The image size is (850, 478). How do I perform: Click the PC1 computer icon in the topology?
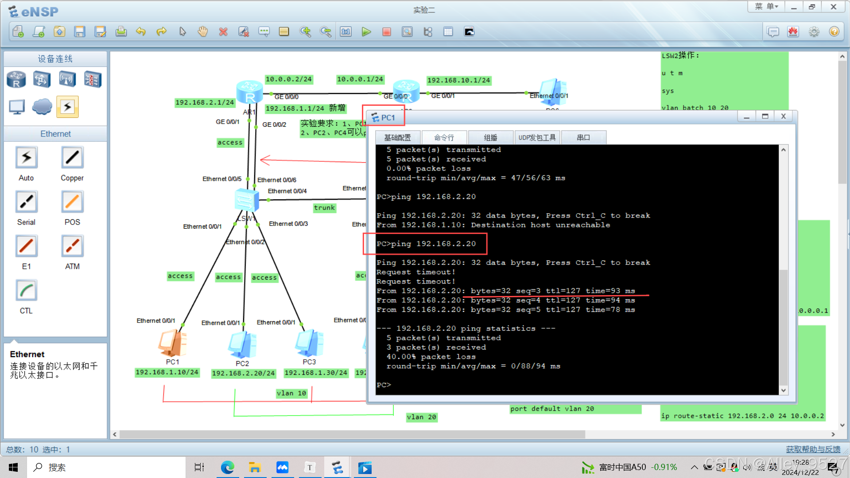(x=172, y=344)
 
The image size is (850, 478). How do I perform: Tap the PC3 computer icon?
(x=309, y=343)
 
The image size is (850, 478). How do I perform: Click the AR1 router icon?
(x=249, y=92)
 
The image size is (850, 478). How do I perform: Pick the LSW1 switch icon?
(x=246, y=200)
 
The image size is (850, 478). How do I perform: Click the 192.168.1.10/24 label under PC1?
(x=167, y=373)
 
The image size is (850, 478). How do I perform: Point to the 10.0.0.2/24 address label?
(x=289, y=79)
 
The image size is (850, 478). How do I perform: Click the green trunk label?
(x=324, y=208)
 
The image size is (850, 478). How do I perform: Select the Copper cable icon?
(x=72, y=158)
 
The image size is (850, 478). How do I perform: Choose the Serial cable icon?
(x=27, y=202)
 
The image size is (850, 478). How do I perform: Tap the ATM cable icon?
(x=72, y=246)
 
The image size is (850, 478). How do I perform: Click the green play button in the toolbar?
(x=366, y=32)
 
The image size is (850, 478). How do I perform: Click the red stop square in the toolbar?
(x=387, y=32)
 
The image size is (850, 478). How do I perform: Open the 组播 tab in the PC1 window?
(x=490, y=138)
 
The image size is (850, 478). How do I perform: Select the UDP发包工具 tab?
(x=537, y=138)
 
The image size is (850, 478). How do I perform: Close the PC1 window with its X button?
(x=783, y=117)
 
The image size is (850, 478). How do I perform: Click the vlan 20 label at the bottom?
(x=422, y=417)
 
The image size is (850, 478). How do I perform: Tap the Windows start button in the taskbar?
(x=13, y=467)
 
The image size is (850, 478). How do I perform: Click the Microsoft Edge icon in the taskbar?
(x=228, y=467)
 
